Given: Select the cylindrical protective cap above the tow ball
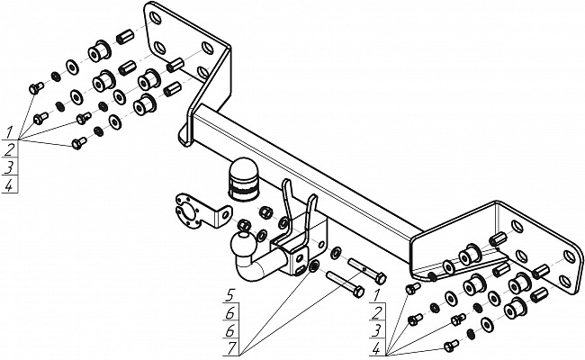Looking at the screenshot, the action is click(x=243, y=179).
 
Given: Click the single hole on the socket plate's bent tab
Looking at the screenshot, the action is click(x=225, y=214).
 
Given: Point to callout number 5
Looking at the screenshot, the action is click(x=229, y=296).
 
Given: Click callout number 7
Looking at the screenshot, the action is click(x=231, y=348).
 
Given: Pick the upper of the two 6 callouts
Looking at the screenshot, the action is click(x=230, y=314).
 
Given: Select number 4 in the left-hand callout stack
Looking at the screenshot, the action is click(x=9, y=185).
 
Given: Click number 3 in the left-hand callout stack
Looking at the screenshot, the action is click(x=9, y=167).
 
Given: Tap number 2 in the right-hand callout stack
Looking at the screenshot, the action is click(x=376, y=313).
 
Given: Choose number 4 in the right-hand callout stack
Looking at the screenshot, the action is click(x=376, y=349).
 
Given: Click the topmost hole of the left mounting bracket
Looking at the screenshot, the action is click(x=155, y=18).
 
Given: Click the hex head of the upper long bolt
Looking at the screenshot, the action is click(x=381, y=278).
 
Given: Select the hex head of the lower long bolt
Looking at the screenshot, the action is click(x=358, y=292).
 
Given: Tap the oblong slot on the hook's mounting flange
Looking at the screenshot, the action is click(x=298, y=271).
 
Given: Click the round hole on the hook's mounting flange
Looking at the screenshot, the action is click(x=299, y=258).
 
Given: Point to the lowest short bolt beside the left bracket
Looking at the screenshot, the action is click(x=78, y=143).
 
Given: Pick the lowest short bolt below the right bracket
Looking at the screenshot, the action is click(x=451, y=346).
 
